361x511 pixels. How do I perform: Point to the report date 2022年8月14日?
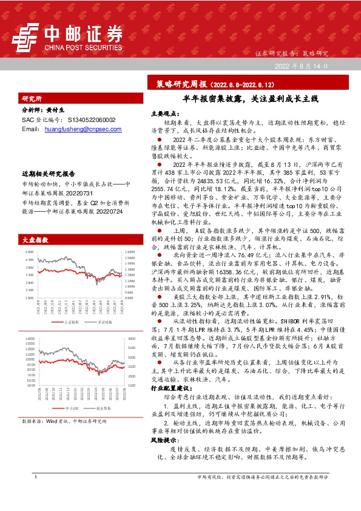[x=302, y=65]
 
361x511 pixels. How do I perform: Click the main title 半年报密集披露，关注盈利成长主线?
[x=243, y=98]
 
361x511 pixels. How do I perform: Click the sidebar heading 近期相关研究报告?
[x=49, y=173]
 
